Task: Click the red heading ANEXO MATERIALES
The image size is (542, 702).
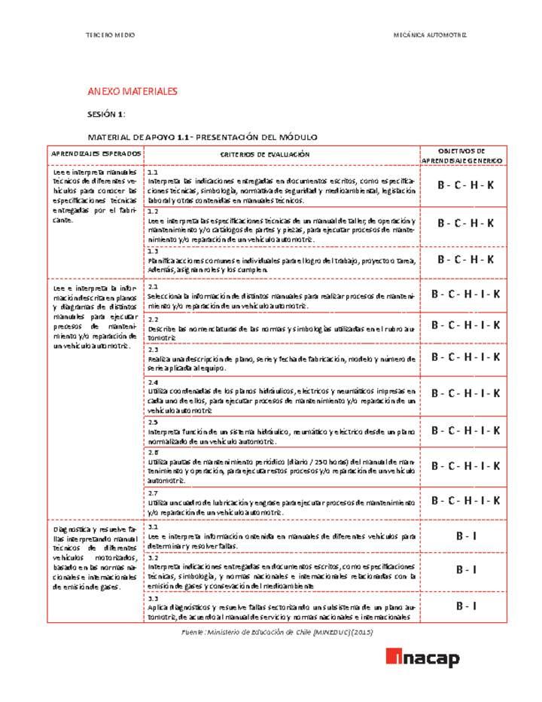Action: (x=132, y=91)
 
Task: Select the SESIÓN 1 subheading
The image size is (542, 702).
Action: (x=106, y=114)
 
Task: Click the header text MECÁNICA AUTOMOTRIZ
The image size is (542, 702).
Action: (x=430, y=35)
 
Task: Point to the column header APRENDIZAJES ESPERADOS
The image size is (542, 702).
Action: (x=96, y=154)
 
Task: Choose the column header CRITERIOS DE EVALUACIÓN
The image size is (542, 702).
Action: (x=264, y=154)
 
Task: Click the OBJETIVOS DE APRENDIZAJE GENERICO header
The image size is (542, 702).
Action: (x=462, y=155)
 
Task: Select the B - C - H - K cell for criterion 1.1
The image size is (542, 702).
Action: (x=465, y=185)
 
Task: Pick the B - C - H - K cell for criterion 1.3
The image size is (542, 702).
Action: (x=465, y=259)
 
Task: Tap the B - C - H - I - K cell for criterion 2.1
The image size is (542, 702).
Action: (x=465, y=295)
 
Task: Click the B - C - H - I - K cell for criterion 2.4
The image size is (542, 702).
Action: (x=465, y=393)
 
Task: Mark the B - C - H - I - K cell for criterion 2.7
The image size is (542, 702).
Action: (x=465, y=501)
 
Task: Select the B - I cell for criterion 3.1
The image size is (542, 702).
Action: (x=465, y=536)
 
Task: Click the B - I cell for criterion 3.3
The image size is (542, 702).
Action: (x=465, y=606)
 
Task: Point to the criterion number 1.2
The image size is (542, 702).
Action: (x=153, y=212)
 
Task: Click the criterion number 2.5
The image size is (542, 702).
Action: (x=153, y=423)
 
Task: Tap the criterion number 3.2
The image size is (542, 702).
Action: (x=153, y=557)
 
